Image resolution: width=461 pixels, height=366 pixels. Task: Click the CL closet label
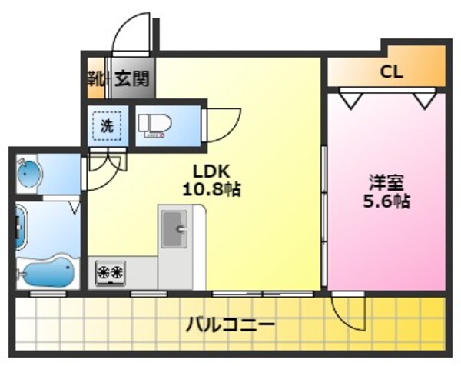392,74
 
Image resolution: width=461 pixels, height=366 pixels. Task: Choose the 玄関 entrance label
132,78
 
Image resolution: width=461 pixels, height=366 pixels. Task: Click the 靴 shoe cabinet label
96,78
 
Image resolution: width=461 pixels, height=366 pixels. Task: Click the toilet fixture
154,125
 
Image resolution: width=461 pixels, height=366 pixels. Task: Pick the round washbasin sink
28,175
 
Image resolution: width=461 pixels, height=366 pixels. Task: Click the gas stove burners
111,272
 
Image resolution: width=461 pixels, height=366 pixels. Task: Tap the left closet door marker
350,99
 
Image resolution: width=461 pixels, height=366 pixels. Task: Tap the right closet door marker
423,99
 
